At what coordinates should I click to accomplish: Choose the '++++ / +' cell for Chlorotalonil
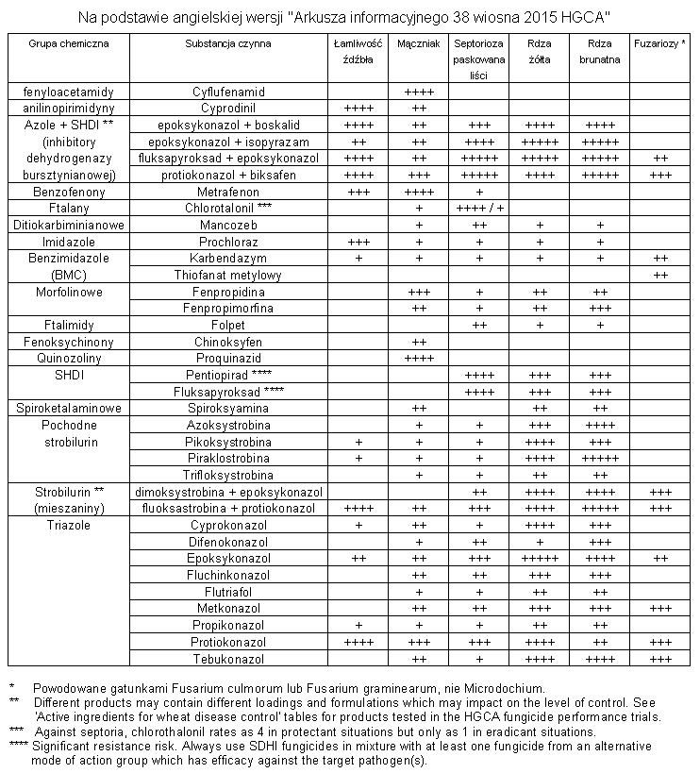click(x=479, y=209)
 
